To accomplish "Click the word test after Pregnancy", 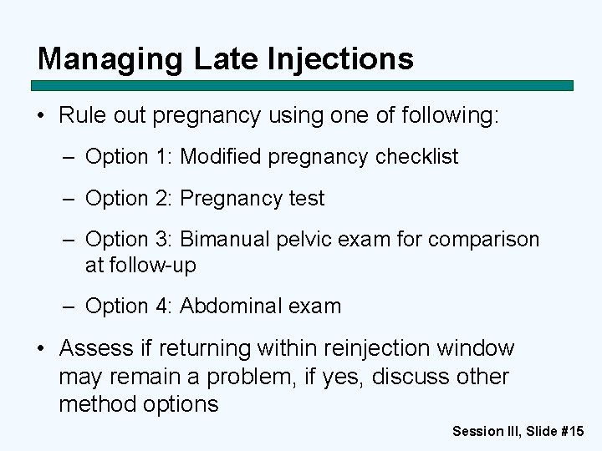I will coord(307,199).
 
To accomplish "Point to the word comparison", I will coord(484,240).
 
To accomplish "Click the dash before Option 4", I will coord(71,307).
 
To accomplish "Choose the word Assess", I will coord(96,348).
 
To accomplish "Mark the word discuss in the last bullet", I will coord(411,377).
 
